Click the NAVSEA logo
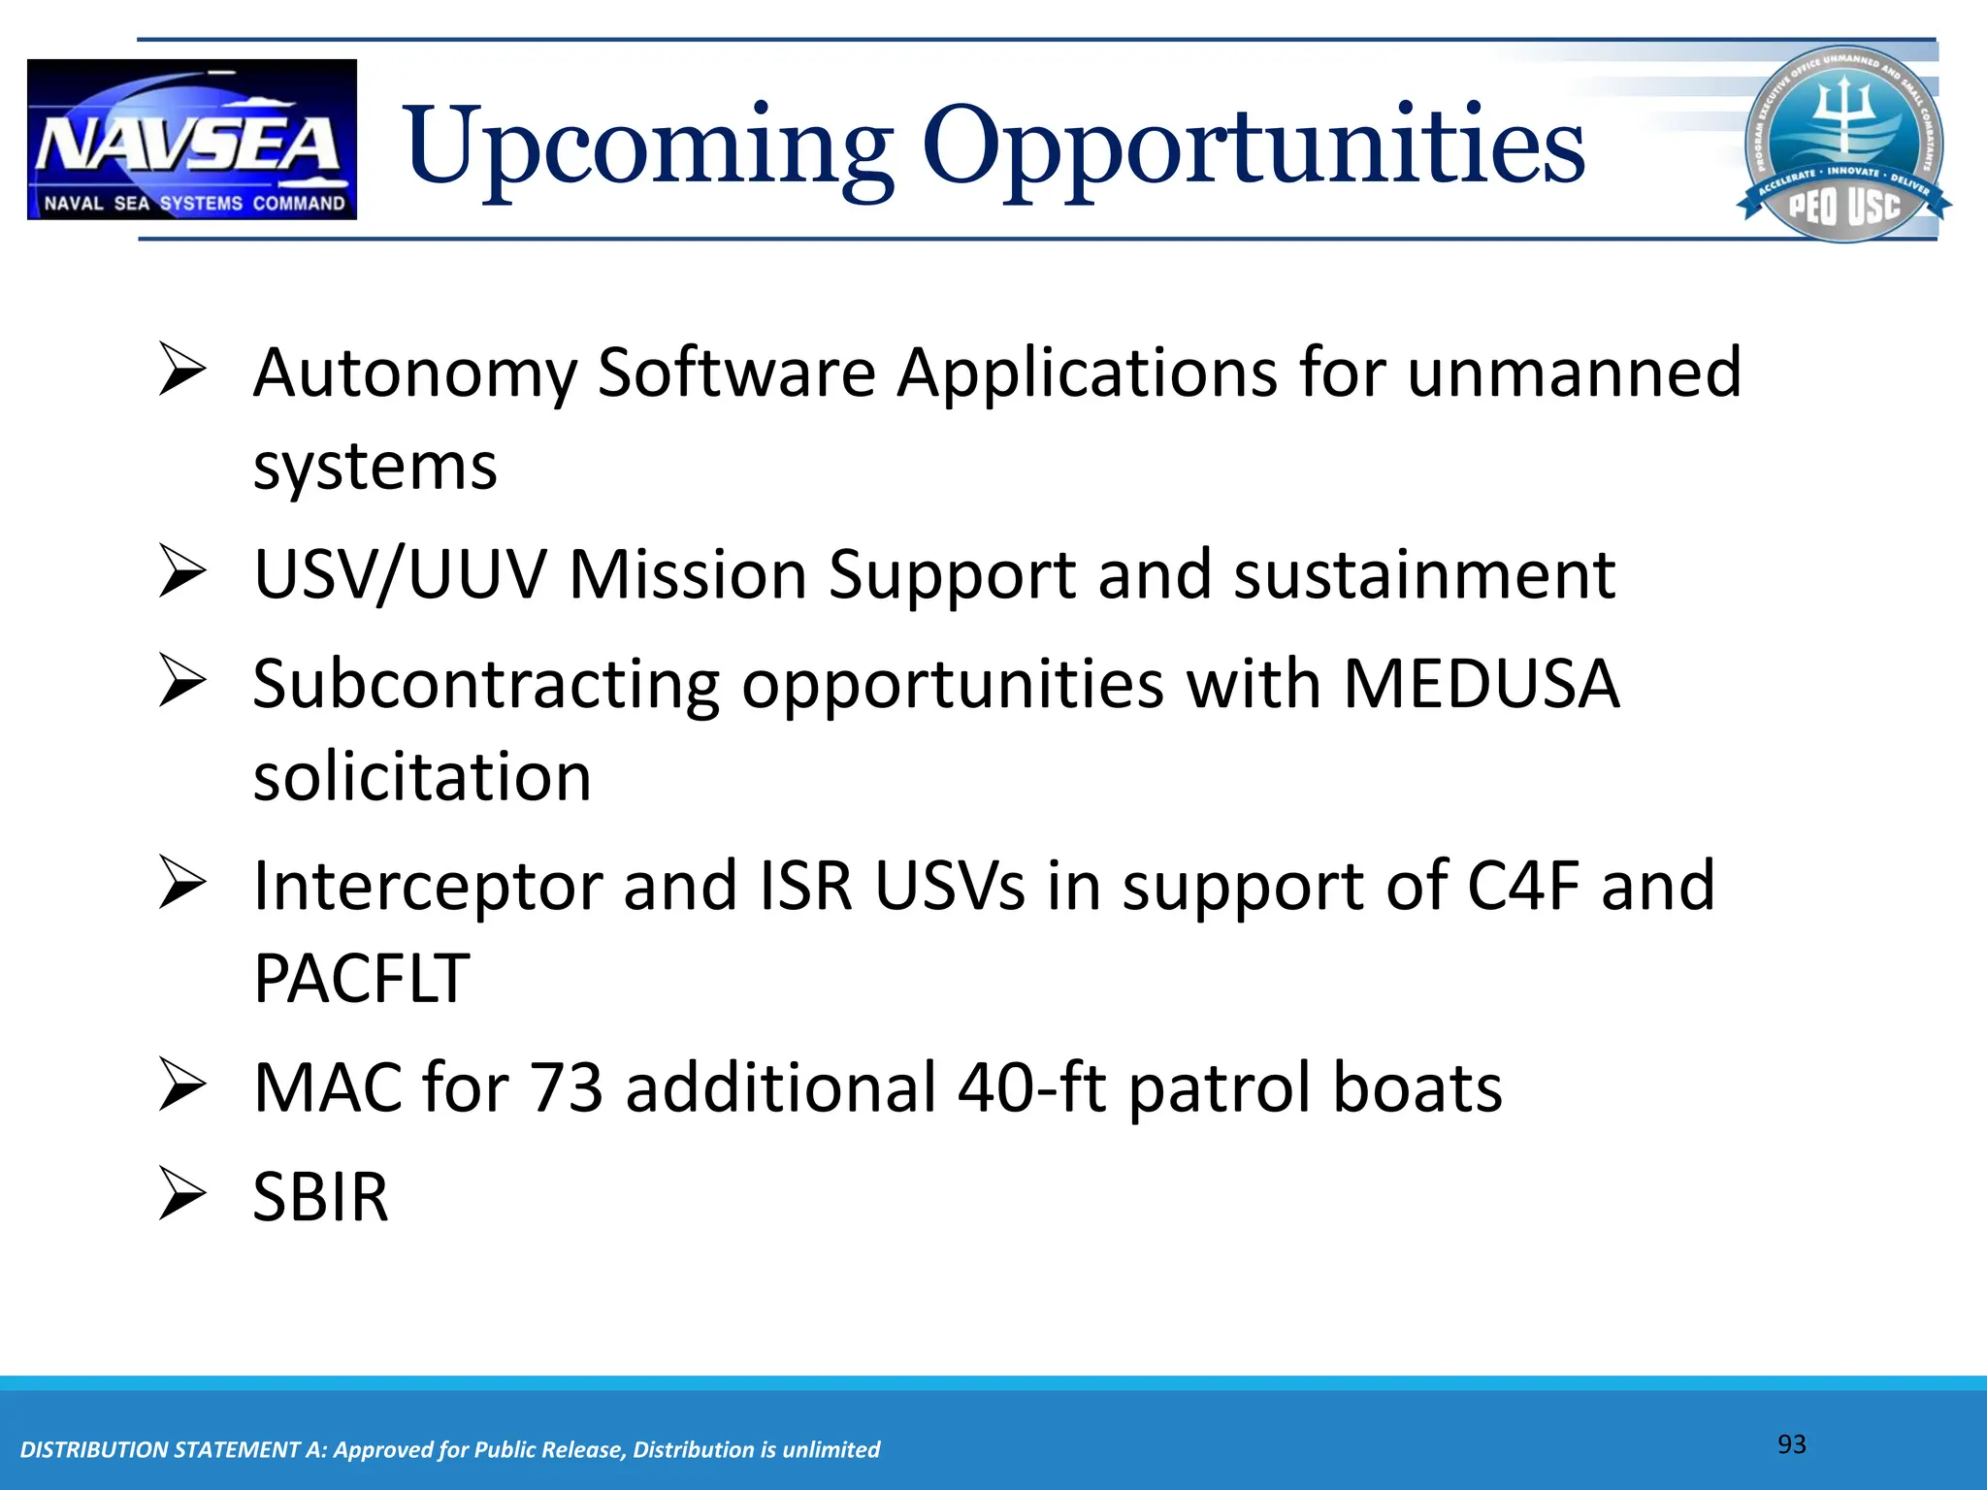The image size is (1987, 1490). (192, 140)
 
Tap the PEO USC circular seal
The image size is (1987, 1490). (1843, 144)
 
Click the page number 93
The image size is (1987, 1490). (1791, 1444)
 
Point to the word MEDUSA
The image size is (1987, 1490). (1481, 685)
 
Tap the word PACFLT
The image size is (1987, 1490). (361, 978)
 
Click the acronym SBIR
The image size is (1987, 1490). (320, 1197)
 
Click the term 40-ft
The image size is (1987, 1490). (1031, 1087)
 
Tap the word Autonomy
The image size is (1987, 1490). (414, 374)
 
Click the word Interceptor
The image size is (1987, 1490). (427, 886)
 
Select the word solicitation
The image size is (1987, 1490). (422, 777)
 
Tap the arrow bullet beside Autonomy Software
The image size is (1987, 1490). (182, 371)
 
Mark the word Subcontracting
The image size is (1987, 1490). (486, 685)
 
